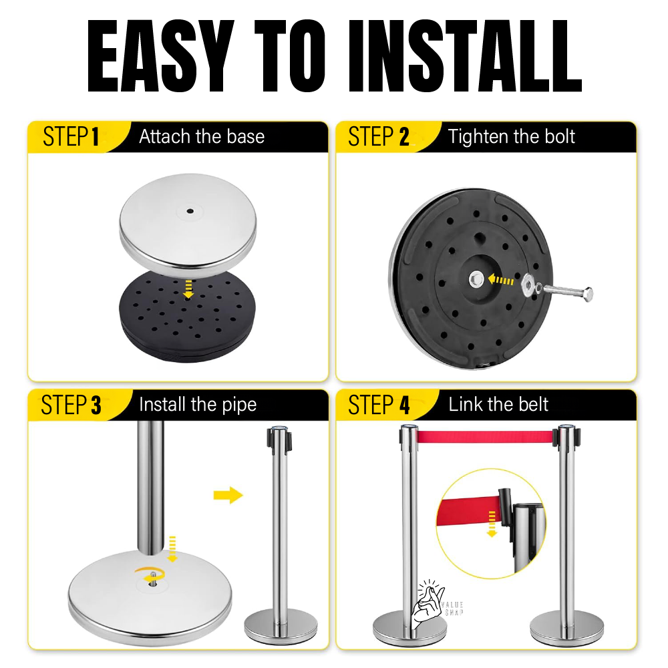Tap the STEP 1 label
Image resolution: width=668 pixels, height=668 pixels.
[x=71, y=137]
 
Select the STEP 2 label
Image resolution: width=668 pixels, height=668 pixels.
[x=378, y=137]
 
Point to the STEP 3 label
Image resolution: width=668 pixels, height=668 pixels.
[x=71, y=405]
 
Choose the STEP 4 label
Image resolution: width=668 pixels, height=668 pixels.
[x=378, y=405]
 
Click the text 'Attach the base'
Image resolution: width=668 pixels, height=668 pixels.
[x=202, y=137]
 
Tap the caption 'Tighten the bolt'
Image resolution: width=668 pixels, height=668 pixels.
[x=512, y=137]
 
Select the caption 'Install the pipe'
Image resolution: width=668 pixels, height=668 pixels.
[x=198, y=405]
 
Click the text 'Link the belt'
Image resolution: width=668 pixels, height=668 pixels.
[x=498, y=405]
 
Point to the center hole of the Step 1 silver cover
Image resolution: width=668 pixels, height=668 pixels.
[x=190, y=211]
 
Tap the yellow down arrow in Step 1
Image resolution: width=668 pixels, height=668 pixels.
[x=189, y=289]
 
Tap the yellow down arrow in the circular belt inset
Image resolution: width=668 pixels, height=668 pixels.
[x=492, y=523]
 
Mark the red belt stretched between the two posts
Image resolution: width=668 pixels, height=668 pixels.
[x=486, y=438]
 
